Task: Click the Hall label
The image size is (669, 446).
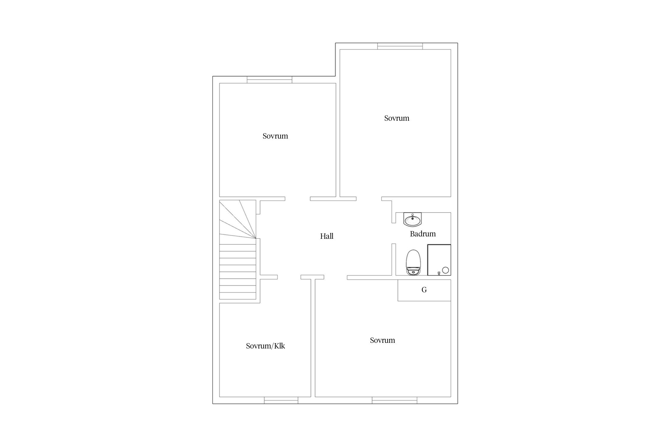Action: (x=326, y=236)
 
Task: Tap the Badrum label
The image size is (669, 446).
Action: (x=423, y=234)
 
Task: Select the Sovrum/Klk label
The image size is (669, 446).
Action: (x=266, y=346)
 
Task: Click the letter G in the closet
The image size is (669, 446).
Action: (x=424, y=290)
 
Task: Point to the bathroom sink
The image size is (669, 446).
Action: (x=412, y=219)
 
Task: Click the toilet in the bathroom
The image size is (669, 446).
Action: (x=413, y=263)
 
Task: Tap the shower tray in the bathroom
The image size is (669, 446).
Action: (x=439, y=260)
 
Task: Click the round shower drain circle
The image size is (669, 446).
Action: (x=445, y=270)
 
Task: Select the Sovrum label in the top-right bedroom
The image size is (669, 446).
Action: (x=397, y=118)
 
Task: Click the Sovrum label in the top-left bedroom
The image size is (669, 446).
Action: (x=275, y=136)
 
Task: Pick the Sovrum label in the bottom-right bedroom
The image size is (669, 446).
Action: (x=382, y=340)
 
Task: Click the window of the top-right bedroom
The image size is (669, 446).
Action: (x=400, y=46)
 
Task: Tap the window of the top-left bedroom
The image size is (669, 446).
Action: (x=269, y=80)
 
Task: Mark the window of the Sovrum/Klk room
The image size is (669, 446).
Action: (x=281, y=400)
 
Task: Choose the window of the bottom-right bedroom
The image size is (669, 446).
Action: (x=394, y=400)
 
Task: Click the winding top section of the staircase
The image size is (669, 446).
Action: (x=238, y=219)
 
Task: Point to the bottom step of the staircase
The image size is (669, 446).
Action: (x=238, y=296)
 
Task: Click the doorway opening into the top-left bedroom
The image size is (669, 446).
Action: (x=298, y=199)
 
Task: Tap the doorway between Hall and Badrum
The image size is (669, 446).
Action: (x=394, y=233)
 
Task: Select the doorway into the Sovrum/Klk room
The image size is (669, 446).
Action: (x=289, y=277)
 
